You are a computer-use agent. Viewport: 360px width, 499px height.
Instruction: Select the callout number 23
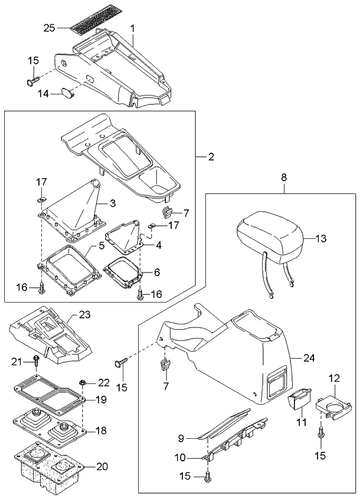click(x=84, y=316)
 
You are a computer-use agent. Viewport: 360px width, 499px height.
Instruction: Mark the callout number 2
click(x=211, y=157)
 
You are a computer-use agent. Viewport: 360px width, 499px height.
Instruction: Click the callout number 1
click(x=132, y=28)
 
